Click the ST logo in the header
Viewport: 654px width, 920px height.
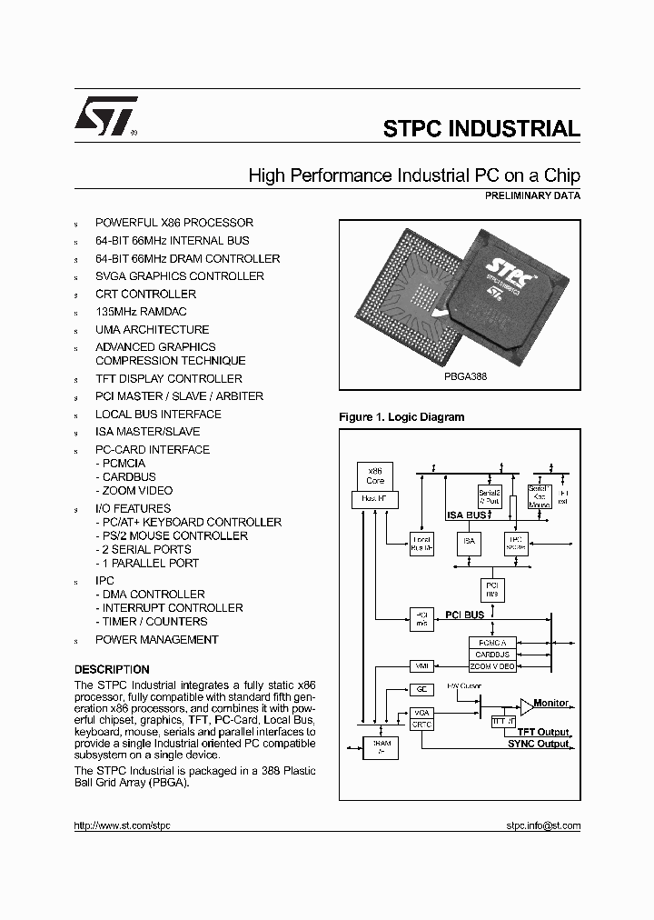106,116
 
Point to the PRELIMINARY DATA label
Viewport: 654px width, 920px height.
533,195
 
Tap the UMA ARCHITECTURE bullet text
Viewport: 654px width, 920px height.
152,329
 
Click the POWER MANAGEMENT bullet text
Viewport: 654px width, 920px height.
156,639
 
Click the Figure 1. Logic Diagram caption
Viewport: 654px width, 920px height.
401,417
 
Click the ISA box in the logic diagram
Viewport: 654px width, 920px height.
469,543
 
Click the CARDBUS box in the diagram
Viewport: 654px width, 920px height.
493,654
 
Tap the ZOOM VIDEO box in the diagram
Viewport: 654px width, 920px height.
493,666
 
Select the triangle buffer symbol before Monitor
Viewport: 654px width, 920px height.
527,706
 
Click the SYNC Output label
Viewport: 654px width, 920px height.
539,745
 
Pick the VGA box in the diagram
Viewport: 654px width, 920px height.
421,712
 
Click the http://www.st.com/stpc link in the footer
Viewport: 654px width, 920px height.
122,826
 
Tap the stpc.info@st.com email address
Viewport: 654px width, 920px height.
542,826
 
